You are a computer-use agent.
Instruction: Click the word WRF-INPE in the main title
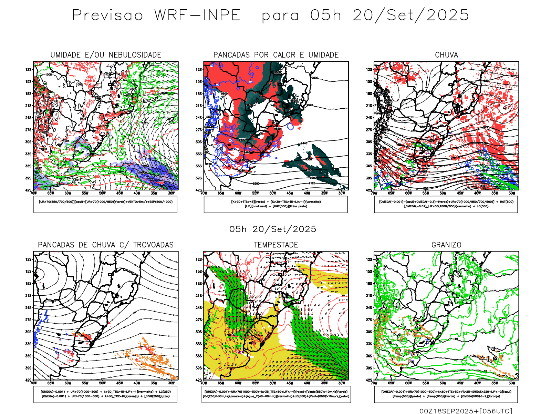point(197,16)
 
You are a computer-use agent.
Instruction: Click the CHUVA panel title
point(446,55)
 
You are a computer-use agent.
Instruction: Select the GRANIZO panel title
point(446,245)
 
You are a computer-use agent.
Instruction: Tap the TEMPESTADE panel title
point(276,245)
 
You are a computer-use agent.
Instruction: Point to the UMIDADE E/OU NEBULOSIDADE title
point(106,55)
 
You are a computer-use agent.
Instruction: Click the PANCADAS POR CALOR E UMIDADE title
point(276,55)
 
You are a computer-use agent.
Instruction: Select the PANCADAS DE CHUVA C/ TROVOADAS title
point(106,245)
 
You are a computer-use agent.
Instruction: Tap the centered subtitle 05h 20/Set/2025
point(273,229)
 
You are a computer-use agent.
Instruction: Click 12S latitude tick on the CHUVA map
point(369,69)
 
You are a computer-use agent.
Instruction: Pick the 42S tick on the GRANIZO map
point(369,380)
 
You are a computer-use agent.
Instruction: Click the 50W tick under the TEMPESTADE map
point(273,383)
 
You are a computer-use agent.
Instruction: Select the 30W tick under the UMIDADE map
point(171,193)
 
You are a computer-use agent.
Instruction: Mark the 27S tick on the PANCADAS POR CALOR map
point(199,130)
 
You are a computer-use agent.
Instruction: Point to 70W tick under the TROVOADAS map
point(33,383)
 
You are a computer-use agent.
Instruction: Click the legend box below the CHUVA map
point(446,204)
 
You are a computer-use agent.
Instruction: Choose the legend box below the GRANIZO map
point(446,394)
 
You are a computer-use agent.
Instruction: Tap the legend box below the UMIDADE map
point(105,204)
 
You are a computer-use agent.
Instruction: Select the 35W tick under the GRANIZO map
point(495,383)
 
